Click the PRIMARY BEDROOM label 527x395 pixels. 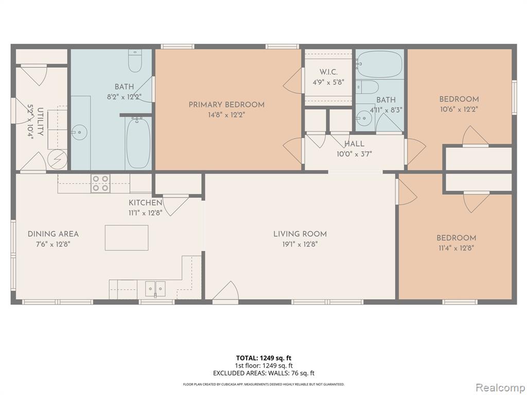pyautogui.click(x=226, y=104)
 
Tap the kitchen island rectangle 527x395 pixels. pyautogui.click(x=127, y=238)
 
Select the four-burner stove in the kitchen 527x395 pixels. pyautogui.click(x=100, y=184)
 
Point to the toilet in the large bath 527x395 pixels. pyautogui.click(x=135, y=61)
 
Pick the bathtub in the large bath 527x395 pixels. pyautogui.click(x=138, y=143)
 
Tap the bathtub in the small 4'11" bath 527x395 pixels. pyautogui.click(x=379, y=64)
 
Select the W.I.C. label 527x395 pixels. pyautogui.click(x=328, y=72)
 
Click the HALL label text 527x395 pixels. pyautogui.click(x=354, y=144)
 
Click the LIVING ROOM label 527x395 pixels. pyautogui.click(x=300, y=234)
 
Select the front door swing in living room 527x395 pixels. pyautogui.click(x=226, y=291)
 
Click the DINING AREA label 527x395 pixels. pyautogui.click(x=53, y=234)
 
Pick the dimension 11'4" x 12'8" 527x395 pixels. pyautogui.click(x=456, y=248)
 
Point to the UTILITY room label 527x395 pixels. pyautogui.click(x=40, y=121)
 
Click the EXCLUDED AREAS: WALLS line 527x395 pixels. pyautogui.click(x=263, y=373)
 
